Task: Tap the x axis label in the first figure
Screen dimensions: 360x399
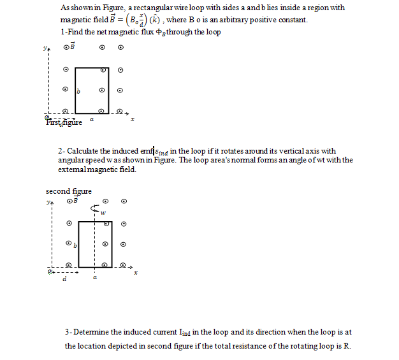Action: pyautogui.click(x=132, y=120)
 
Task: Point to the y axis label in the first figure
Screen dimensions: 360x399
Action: pyautogui.click(x=46, y=47)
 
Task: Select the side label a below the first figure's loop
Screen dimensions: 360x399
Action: pyautogui.click(x=92, y=119)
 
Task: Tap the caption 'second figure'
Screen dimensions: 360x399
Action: pyautogui.click(x=68, y=191)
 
